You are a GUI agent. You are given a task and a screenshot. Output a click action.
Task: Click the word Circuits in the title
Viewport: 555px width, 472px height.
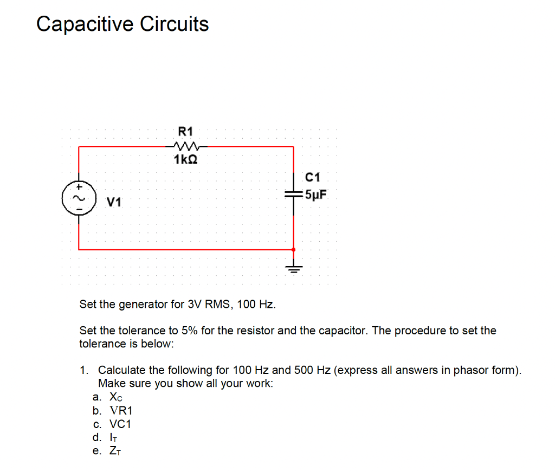pyautogui.click(x=175, y=24)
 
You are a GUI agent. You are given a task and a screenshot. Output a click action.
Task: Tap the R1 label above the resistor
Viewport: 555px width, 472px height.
pyautogui.click(x=185, y=131)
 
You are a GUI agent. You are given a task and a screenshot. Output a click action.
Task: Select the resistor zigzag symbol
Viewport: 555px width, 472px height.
pyautogui.click(x=186, y=146)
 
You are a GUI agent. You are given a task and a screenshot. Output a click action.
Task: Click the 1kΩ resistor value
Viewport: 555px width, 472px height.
pyautogui.click(x=185, y=160)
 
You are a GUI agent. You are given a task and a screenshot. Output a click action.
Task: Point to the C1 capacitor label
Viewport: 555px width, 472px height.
pyautogui.click(x=313, y=177)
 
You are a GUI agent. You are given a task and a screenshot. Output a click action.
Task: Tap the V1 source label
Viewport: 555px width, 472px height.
pyautogui.click(x=114, y=203)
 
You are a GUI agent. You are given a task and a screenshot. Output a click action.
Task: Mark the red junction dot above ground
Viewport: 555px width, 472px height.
pyautogui.click(x=294, y=250)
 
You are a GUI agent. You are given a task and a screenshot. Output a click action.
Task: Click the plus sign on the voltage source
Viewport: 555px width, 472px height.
pyautogui.click(x=78, y=185)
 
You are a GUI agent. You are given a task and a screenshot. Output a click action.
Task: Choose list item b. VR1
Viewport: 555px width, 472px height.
pyautogui.click(x=113, y=411)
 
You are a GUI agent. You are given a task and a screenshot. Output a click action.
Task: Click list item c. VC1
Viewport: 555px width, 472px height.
pyautogui.click(x=113, y=424)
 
